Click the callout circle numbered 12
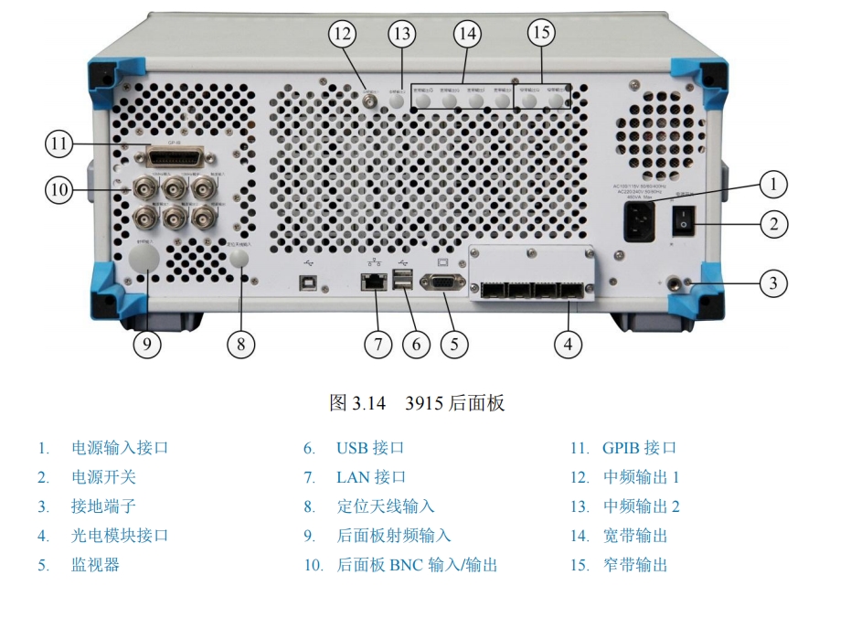(x=343, y=34)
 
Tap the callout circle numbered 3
(x=773, y=282)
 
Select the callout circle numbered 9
(x=147, y=344)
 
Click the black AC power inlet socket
(x=639, y=221)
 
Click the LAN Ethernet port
(x=374, y=282)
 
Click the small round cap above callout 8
(x=239, y=260)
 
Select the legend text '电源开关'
(x=103, y=477)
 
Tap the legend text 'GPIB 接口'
(x=639, y=448)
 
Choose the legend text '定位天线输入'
(x=385, y=506)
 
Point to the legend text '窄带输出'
(x=635, y=565)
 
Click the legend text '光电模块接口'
(x=120, y=536)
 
